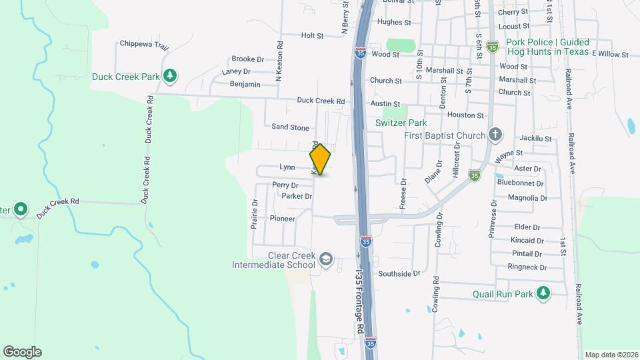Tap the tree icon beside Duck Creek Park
coord(171,76)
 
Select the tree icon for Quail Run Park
coord(544,293)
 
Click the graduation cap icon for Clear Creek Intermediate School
coord(325,259)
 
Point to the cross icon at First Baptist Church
coord(495,135)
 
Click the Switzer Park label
coord(400,123)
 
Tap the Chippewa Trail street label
coord(144,45)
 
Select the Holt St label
coord(312,35)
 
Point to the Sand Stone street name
coord(290,127)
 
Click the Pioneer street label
coord(282,218)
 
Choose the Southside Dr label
coord(399,273)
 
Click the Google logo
coord(22,352)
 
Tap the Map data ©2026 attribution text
coord(611,355)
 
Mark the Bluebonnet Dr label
coord(521,183)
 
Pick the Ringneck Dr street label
coord(527,267)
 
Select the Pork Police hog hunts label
coord(547,47)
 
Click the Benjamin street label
coord(245,85)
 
